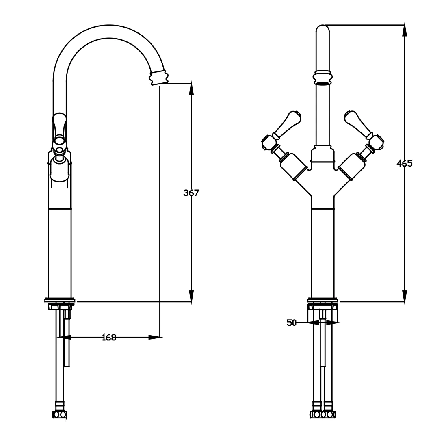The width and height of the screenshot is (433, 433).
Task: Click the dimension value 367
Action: [191, 193]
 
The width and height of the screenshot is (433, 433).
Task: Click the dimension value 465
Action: [405, 164]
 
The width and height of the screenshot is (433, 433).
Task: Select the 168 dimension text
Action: [108, 337]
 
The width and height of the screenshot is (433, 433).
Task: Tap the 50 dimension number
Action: [292, 323]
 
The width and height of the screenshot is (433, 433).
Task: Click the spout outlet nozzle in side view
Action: [158, 77]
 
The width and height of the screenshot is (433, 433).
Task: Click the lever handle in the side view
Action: [59, 126]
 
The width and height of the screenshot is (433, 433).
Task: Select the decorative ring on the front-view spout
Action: [323, 78]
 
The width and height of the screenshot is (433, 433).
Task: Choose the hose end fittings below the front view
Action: [323, 414]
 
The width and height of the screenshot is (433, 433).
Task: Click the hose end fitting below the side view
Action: [60, 414]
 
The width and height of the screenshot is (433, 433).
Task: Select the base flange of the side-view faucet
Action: [60, 301]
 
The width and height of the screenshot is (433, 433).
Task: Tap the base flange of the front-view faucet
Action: [323, 301]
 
